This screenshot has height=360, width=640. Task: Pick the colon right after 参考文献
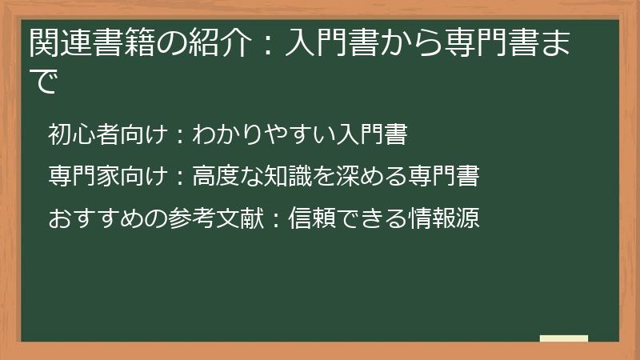point(270,218)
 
